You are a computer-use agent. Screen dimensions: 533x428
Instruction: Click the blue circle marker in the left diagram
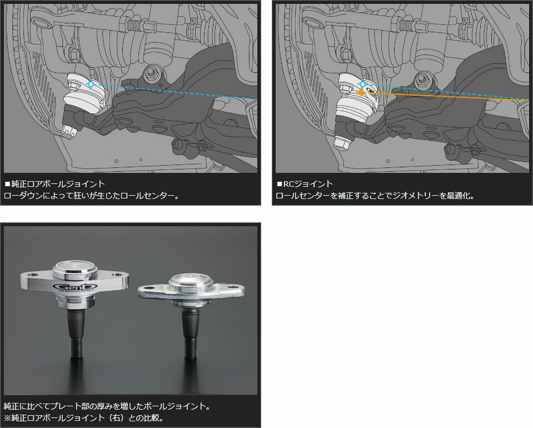click(x=91, y=84)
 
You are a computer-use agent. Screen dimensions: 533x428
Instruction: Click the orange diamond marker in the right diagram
click(x=361, y=92)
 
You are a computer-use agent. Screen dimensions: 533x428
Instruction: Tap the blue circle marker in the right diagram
click(x=363, y=84)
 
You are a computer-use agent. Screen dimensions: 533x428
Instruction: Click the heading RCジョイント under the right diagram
click(x=308, y=184)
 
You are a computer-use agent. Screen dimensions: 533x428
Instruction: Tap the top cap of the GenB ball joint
click(x=76, y=267)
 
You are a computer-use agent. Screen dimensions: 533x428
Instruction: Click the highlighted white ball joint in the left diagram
click(x=85, y=93)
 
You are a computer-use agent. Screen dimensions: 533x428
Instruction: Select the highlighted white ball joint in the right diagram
click(x=358, y=97)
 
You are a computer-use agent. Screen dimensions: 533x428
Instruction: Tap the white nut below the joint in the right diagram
click(x=342, y=143)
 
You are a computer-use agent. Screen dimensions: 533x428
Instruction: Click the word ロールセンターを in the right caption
click(x=306, y=196)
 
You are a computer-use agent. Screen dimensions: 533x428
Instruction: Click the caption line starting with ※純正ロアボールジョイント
click(x=84, y=417)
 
